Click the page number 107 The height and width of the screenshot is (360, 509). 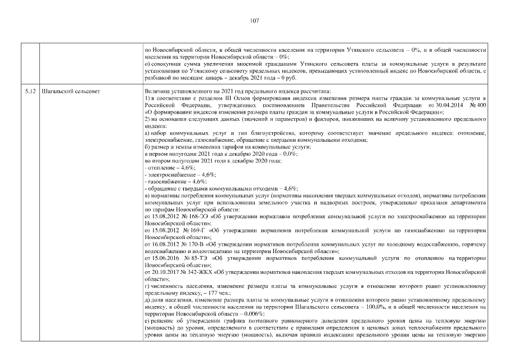click(254, 21)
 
